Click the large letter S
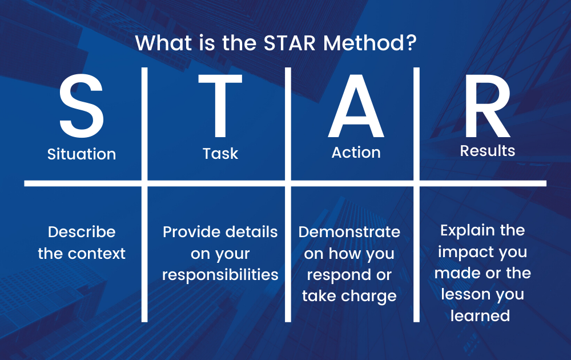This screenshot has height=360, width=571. pos(82,106)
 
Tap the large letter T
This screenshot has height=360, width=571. pos(220,106)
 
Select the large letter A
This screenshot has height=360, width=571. pos(356,106)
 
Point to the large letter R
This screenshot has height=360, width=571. pos(487,106)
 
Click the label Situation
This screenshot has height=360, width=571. pos(82,154)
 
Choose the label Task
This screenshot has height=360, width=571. pos(220,153)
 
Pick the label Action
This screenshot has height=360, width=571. pos(356,153)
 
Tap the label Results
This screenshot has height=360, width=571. pos(488,150)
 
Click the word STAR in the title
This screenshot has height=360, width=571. pos(289,43)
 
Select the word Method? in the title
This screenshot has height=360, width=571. pos(369,43)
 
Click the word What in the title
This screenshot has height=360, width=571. pos(164,43)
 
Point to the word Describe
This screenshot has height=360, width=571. pos(82,232)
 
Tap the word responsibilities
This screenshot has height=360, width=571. pos(220,275)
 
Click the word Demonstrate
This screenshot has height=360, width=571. pos(349,232)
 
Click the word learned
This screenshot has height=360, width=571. pos(480,315)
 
